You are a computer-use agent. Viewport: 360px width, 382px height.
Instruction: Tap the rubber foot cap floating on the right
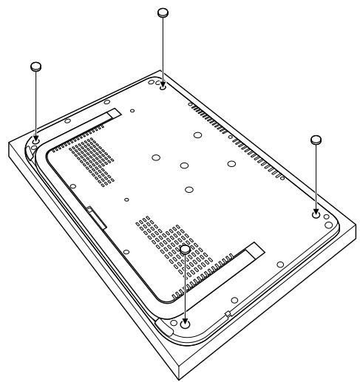click(316, 139)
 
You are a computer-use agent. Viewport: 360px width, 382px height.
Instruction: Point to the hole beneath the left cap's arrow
click(36, 137)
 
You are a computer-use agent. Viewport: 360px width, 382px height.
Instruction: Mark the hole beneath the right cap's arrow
click(316, 215)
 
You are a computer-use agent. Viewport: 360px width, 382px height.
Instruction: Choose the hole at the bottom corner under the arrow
click(185, 323)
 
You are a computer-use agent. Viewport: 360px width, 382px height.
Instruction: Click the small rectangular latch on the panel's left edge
click(90, 211)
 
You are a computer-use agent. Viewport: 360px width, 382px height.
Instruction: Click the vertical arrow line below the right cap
click(316, 177)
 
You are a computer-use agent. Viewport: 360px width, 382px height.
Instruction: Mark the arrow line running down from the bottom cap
click(185, 288)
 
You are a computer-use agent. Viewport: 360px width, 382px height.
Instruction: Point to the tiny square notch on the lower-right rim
click(228, 314)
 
